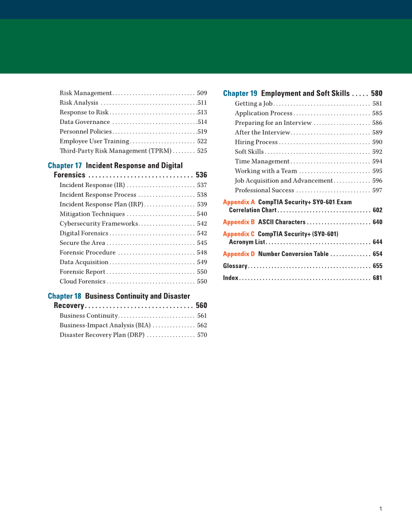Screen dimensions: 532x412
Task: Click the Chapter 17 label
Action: point(65,166)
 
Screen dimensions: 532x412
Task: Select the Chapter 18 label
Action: point(65,296)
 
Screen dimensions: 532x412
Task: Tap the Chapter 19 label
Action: point(240,94)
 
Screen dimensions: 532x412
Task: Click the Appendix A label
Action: point(239,202)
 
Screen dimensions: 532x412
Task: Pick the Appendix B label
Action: point(239,222)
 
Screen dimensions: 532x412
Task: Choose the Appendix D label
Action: point(239,254)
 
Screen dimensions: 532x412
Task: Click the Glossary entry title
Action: point(235,266)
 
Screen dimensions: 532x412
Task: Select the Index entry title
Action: point(230,278)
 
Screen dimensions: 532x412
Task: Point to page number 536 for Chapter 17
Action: point(201,175)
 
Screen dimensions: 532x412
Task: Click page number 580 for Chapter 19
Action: point(377,94)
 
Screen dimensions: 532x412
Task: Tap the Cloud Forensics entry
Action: point(83,282)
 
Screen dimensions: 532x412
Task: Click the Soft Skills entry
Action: point(249,152)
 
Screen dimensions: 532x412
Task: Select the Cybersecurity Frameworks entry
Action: point(99,224)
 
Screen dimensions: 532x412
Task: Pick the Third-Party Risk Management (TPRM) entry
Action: point(115,151)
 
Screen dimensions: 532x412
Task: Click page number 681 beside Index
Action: point(377,278)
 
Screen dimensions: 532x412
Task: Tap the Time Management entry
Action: point(262,162)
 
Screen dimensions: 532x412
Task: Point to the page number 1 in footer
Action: point(380,509)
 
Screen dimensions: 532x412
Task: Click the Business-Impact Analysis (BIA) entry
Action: point(105,325)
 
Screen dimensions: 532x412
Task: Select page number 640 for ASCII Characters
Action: point(377,222)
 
